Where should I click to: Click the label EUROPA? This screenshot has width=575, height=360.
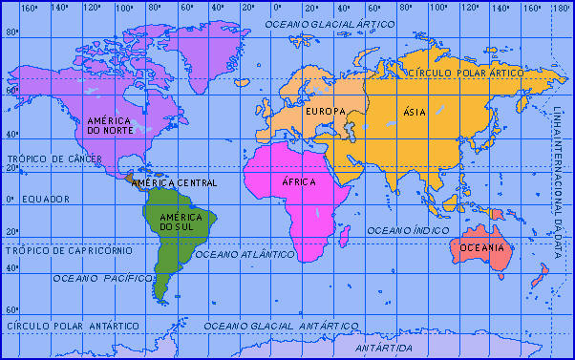[x=324, y=113]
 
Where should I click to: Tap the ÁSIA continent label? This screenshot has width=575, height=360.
[x=415, y=112]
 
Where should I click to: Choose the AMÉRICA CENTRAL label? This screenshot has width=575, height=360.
[x=174, y=182]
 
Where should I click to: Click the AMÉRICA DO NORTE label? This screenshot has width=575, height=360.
[x=109, y=126]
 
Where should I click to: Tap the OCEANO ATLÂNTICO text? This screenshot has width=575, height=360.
[x=245, y=255]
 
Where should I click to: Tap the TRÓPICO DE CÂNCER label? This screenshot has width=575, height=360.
[x=48, y=159]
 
